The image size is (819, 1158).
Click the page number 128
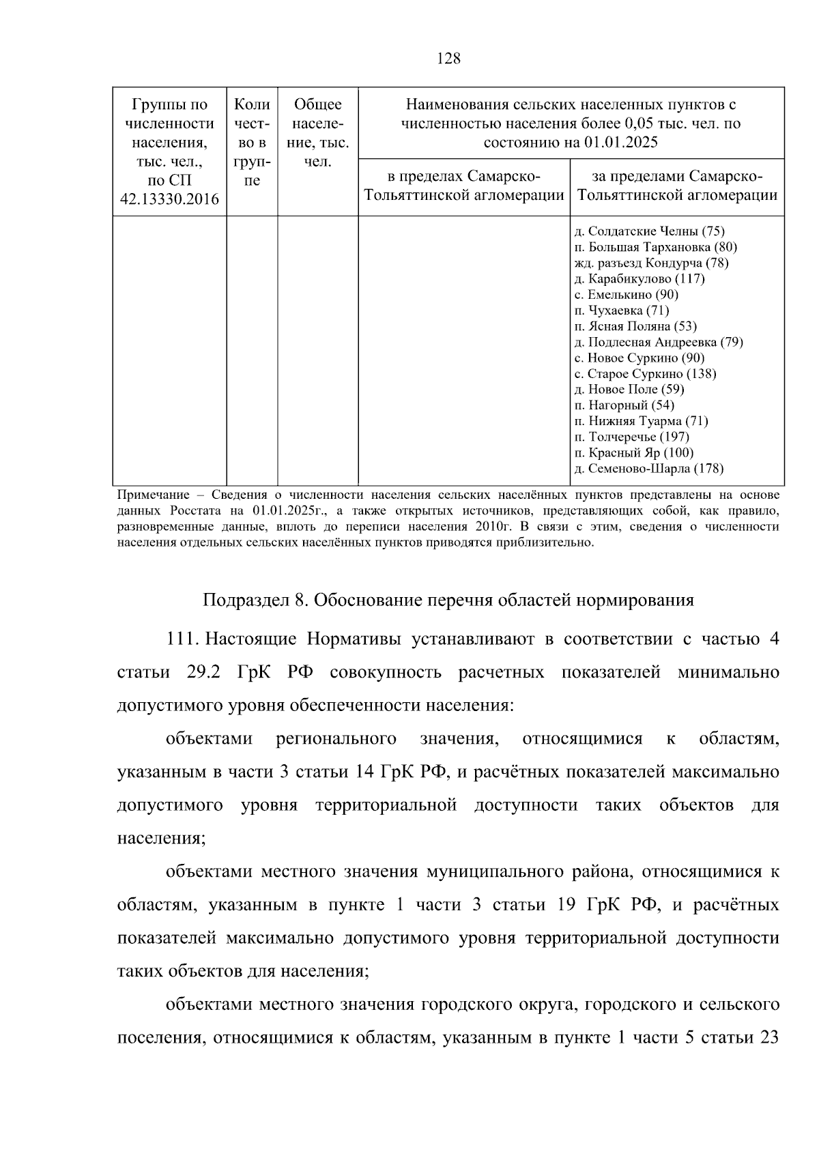(448, 59)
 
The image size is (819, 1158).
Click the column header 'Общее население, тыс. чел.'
(317, 133)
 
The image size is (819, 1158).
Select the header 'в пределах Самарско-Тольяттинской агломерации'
(464, 186)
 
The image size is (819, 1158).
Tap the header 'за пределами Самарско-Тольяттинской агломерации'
(677, 186)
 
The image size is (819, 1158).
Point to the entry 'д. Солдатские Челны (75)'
(649, 231)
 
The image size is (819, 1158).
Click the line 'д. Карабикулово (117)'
(640, 278)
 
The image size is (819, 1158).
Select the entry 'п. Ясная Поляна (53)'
(635, 326)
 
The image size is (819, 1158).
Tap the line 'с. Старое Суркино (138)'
(645, 373)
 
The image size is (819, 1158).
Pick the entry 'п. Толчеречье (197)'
(632, 437)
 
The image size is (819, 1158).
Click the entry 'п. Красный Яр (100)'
(634, 452)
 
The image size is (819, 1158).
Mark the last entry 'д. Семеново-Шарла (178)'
(648, 468)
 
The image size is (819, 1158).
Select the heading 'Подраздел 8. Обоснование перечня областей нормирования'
(448, 600)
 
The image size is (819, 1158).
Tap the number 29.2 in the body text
(203, 672)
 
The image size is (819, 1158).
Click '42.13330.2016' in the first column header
(169, 199)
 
